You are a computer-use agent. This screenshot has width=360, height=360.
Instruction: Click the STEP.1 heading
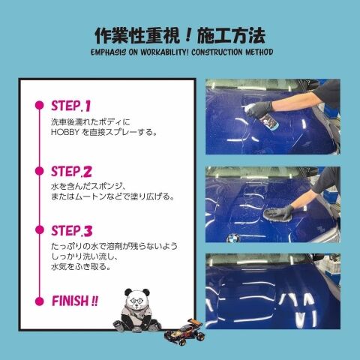pyautogui.click(x=70, y=106)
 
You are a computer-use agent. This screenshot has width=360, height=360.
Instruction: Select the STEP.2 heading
pyautogui.click(x=71, y=172)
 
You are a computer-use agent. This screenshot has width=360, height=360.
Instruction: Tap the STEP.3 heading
pyautogui.click(x=72, y=231)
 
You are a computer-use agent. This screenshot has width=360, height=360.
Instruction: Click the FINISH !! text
pyautogui.click(x=75, y=301)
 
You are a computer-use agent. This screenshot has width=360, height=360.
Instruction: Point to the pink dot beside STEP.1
pyautogui.click(x=40, y=105)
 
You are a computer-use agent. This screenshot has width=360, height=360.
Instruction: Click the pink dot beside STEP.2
pyautogui.click(x=40, y=171)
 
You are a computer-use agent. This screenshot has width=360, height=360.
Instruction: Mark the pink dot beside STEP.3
pyautogui.click(x=40, y=230)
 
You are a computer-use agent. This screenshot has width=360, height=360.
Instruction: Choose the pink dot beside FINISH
pyautogui.click(x=40, y=301)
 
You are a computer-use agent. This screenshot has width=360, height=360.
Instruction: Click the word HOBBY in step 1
pyautogui.click(x=65, y=132)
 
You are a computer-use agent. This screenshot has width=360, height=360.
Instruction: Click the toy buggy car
pyautogui.click(x=184, y=331)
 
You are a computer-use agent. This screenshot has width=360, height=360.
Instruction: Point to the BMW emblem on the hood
pyautogui.click(x=232, y=238)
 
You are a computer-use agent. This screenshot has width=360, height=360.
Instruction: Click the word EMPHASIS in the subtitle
pyautogui.click(x=108, y=52)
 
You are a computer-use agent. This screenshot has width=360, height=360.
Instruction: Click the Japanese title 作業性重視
pyautogui.click(x=137, y=37)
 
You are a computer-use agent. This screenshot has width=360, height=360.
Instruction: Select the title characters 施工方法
pyautogui.click(x=232, y=37)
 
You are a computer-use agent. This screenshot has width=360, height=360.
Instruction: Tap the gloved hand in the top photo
pyautogui.click(x=259, y=108)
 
